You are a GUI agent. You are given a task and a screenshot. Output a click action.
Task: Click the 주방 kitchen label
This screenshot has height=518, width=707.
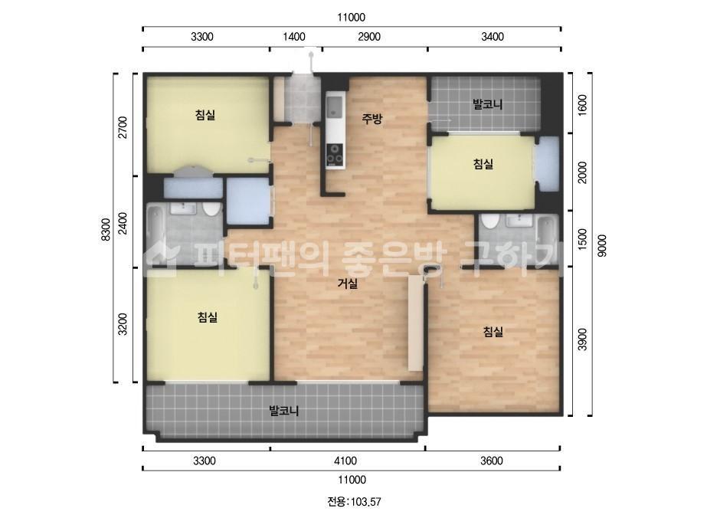coord(372,119)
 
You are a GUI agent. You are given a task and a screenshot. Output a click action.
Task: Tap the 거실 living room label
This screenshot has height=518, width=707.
coord(348,284)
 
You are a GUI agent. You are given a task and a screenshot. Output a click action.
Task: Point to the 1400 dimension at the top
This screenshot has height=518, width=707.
coord(294,37)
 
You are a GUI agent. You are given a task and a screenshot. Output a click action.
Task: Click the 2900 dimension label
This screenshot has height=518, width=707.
coord(369,37)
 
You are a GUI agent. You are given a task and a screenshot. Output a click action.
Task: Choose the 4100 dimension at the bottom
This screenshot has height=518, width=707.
coord(345,461)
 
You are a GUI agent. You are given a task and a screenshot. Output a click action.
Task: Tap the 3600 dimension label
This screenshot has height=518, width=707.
coord(492,461)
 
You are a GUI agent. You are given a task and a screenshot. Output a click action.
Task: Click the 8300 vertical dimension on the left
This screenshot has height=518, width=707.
coord(106,230)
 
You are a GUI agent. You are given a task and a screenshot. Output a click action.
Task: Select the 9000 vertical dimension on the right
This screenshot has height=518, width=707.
coord(602,246)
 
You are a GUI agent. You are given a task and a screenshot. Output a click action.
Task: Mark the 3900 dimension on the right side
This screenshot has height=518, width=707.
coord(583,339)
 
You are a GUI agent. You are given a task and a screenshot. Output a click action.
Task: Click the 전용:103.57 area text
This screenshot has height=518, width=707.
coord(354,501)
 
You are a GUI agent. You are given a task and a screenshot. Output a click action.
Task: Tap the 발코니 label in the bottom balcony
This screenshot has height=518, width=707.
coord(284,411)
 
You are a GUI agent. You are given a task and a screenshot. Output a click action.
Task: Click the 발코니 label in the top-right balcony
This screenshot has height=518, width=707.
coord(487,105)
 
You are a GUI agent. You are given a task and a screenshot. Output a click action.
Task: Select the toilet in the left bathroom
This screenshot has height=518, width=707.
coord(210,209)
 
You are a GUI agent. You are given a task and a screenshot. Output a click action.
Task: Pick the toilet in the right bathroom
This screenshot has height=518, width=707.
coord(489,221)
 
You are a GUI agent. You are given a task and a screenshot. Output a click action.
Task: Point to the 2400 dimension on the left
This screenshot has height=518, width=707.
coord(123,223)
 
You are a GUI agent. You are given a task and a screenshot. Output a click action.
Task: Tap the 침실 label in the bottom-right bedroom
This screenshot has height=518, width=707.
coord(493,332)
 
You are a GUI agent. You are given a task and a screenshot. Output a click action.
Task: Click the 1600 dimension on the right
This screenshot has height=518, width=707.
coord(583,105)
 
